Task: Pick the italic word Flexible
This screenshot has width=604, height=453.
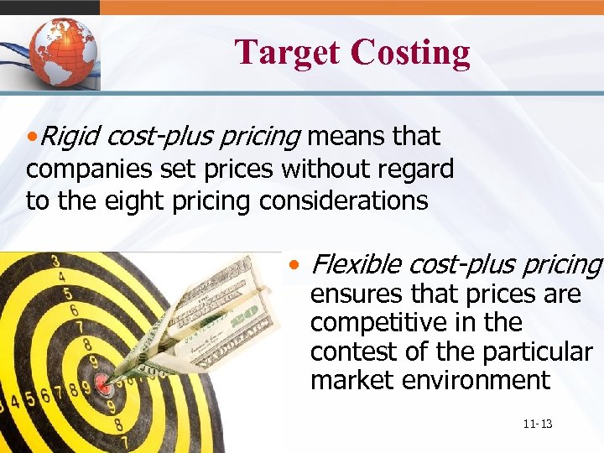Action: click(356, 265)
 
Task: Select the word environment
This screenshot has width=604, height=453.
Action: click(476, 380)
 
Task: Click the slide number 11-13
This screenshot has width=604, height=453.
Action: click(536, 424)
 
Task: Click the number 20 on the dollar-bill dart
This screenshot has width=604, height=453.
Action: click(246, 317)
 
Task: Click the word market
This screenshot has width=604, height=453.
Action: click(351, 380)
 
